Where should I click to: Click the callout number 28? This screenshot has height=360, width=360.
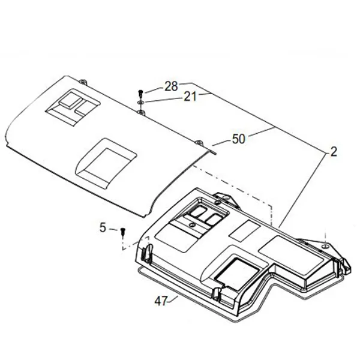coord(171,86)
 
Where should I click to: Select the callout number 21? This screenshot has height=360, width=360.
coord(190,97)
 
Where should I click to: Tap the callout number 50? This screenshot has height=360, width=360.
coord(239,139)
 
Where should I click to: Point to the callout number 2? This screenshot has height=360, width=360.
coord(334,152)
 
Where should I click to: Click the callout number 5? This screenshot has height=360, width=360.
coord(103,228)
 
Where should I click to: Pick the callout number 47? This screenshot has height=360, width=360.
coord(161,301)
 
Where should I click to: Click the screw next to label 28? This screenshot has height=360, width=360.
coord(141,94)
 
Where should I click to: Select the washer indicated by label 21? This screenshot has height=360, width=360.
coord(140,102)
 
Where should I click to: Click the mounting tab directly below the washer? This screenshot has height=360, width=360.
coord(141,113)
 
